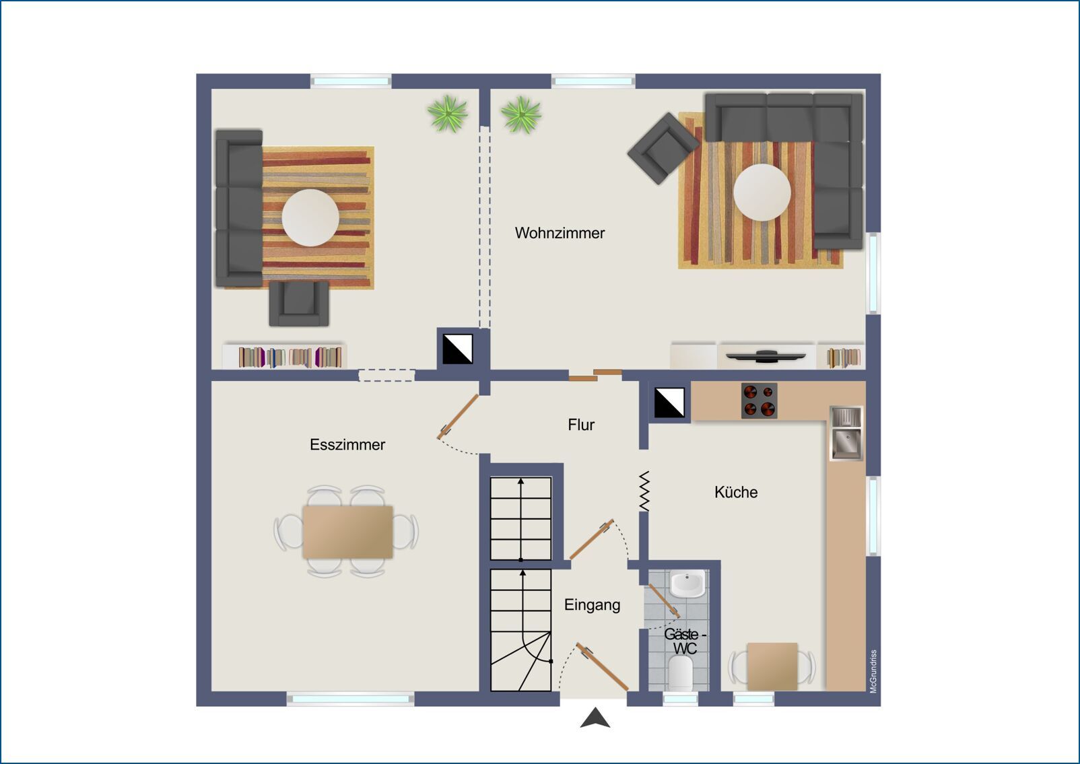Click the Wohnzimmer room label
(560, 234)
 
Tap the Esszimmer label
(347, 444)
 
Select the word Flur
(581, 425)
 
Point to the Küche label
(736, 492)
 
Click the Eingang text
(592, 605)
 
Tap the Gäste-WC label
(685, 641)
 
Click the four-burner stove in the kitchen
(759, 401)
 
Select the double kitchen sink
(846, 432)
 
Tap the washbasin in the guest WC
(687, 584)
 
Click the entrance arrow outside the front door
(595, 718)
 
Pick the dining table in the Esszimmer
(347, 532)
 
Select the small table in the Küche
(772, 666)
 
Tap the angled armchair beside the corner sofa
(663, 149)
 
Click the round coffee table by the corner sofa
(762, 193)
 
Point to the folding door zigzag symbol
(644, 491)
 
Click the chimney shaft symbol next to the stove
(669, 403)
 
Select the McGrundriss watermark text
(873, 672)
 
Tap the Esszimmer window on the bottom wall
(351, 699)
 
